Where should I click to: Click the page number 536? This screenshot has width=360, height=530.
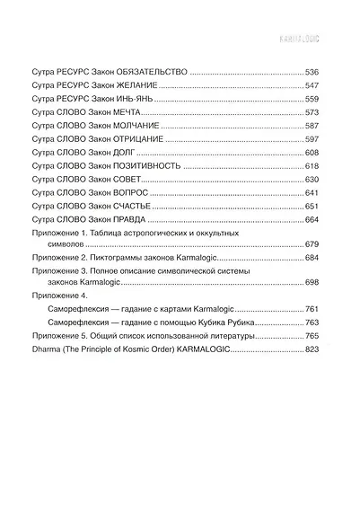tap(312, 71)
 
